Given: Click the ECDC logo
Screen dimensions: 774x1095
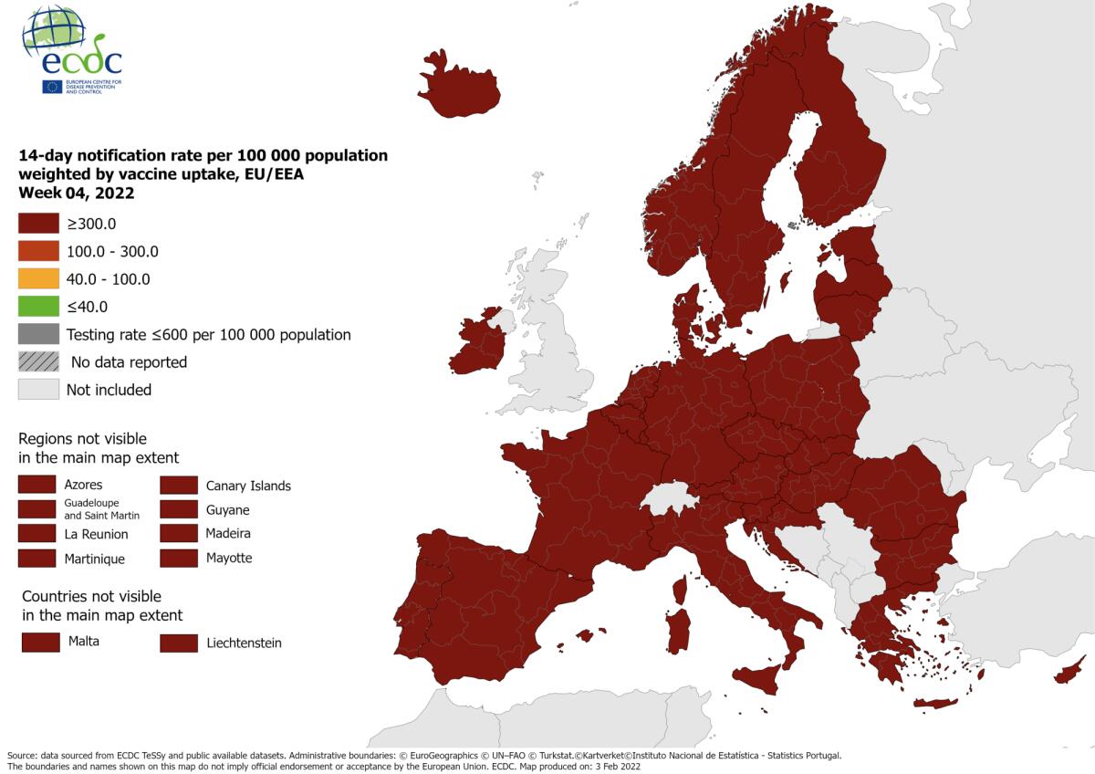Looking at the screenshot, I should (71, 50).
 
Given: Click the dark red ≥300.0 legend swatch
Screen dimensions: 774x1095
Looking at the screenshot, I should (39, 224).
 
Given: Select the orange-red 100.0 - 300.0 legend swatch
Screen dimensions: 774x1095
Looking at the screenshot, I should (39, 251).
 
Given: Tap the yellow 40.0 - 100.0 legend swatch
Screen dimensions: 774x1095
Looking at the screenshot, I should (39, 279).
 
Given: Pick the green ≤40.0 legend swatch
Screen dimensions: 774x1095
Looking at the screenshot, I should (39, 307).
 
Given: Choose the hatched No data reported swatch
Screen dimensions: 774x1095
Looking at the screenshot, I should (39, 362).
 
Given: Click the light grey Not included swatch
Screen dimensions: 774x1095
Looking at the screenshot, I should (39, 390).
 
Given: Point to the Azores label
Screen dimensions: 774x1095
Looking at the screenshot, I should (83, 485).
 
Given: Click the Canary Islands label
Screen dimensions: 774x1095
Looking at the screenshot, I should (248, 486).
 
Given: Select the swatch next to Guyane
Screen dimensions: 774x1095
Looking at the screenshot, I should (179, 509).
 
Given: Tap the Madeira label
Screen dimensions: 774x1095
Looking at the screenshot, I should (228, 533).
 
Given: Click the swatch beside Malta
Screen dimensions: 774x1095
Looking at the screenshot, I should (40, 642).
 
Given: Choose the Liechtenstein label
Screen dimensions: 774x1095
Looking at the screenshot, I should (244, 643).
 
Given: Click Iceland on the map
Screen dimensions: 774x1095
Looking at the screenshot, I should (459, 87).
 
